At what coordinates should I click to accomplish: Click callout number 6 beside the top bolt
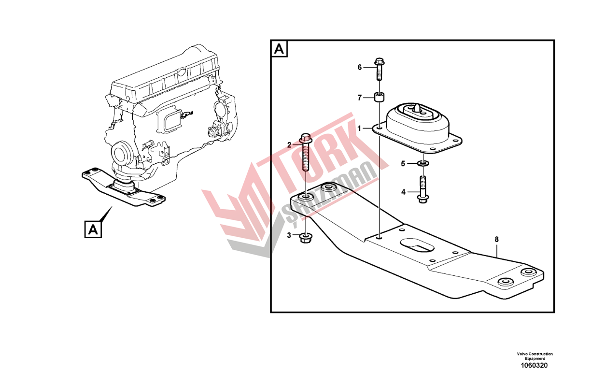point(359,68)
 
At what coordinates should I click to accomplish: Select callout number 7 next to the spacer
point(359,98)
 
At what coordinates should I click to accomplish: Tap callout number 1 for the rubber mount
point(359,129)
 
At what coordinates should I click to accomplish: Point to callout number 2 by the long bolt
point(289,145)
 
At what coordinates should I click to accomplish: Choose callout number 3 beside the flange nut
point(289,235)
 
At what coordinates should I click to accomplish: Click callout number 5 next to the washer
point(403,164)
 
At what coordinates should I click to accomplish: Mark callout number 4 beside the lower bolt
point(403,192)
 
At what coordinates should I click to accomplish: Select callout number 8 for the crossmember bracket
point(496,239)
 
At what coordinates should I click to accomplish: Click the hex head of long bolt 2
point(306,139)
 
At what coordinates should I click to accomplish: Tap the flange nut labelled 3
point(306,238)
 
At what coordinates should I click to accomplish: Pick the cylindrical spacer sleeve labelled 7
point(379,97)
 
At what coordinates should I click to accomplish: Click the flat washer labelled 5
point(423,163)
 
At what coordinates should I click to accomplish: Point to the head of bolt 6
point(379,62)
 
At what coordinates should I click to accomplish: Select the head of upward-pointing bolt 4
point(423,199)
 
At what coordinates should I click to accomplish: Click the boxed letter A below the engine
point(93,229)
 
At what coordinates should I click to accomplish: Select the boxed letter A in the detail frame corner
point(279,49)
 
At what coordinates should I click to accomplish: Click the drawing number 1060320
point(534,366)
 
